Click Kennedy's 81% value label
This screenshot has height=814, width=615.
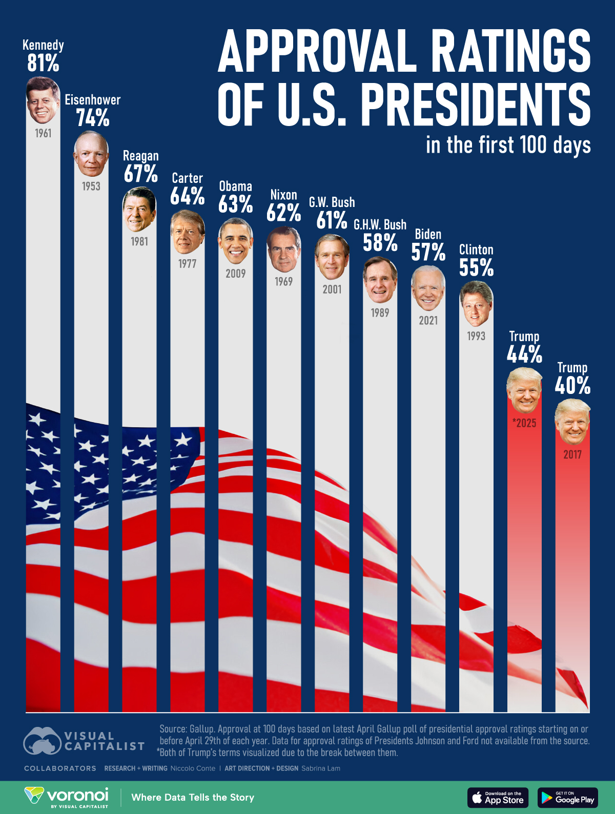pos(43,64)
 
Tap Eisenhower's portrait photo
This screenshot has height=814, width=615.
pos(91,154)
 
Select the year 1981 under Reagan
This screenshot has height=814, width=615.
pos(139,241)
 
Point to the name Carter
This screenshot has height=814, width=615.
pos(188,178)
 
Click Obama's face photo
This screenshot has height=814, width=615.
pos(236,241)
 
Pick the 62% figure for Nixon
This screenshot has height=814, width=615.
pos(283,213)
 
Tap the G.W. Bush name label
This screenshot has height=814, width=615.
pos(332,202)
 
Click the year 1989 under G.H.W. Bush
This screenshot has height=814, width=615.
pos(380,312)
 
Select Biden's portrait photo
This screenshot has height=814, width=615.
pos(428,288)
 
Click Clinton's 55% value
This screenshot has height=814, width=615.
pos(476,267)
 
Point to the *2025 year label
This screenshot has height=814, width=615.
pos(524,423)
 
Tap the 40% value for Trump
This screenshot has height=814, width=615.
pos(572,385)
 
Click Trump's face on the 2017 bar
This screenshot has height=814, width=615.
pos(572,423)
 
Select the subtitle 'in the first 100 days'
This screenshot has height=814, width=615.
pos(508,145)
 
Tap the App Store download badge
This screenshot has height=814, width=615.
pos(498,798)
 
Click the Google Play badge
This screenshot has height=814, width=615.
pos(567,798)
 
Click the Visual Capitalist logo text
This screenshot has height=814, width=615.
pos(104,741)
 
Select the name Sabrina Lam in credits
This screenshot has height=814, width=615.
pos(320,768)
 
